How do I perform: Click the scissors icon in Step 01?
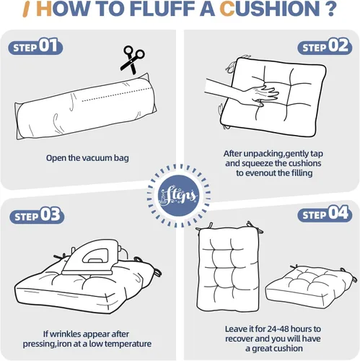(x=132, y=59)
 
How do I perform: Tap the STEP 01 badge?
(x=35, y=46)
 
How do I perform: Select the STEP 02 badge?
(x=325, y=46)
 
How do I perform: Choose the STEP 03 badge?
(x=37, y=215)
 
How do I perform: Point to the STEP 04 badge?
(x=325, y=214)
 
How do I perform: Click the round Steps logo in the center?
(x=179, y=196)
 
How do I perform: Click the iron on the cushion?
(x=95, y=257)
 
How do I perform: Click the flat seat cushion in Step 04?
(x=310, y=287)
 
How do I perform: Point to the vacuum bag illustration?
(x=86, y=107)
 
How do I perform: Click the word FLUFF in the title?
(x=164, y=9)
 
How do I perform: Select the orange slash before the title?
(x=27, y=9)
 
